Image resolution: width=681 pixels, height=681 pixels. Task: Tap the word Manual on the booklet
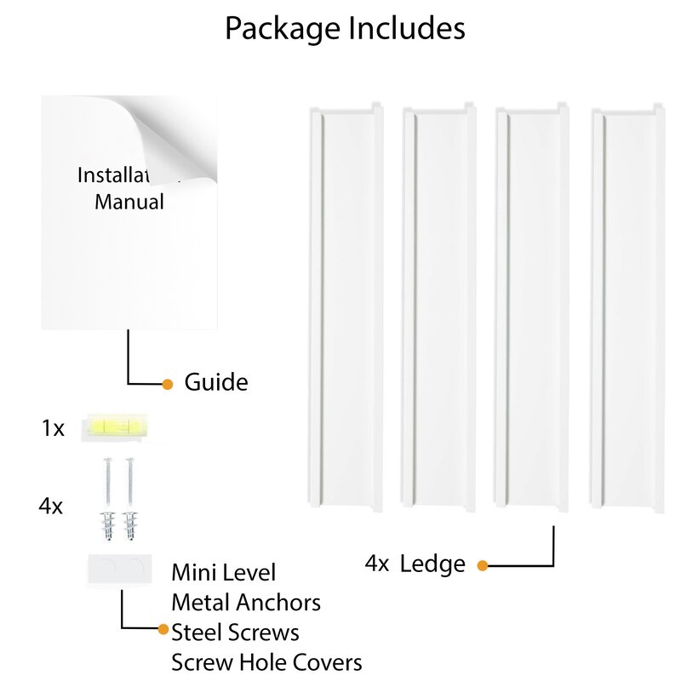tap(129, 203)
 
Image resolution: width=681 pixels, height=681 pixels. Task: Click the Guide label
tap(216, 382)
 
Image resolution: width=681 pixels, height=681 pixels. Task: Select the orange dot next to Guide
tap(168, 383)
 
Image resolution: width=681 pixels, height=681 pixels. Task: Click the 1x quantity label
tap(52, 428)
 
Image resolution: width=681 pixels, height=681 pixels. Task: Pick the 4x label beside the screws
tap(50, 506)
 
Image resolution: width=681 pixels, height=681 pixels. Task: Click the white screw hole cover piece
tap(118, 569)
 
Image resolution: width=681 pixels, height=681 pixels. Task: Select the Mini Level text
tap(224, 573)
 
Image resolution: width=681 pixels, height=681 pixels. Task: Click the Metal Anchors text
tap(246, 603)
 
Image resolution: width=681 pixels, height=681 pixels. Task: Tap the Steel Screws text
tap(235, 632)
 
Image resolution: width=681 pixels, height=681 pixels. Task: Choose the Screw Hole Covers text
tap(266, 662)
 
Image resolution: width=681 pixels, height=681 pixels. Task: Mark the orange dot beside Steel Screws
tap(163, 630)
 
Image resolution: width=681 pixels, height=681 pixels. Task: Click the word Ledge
tap(432, 564)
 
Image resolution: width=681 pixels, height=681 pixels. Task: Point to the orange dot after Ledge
tap(482, 564)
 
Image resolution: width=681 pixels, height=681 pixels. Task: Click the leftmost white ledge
tap(344, 306)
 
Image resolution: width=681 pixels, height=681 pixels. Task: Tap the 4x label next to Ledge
tap(378, 564)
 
